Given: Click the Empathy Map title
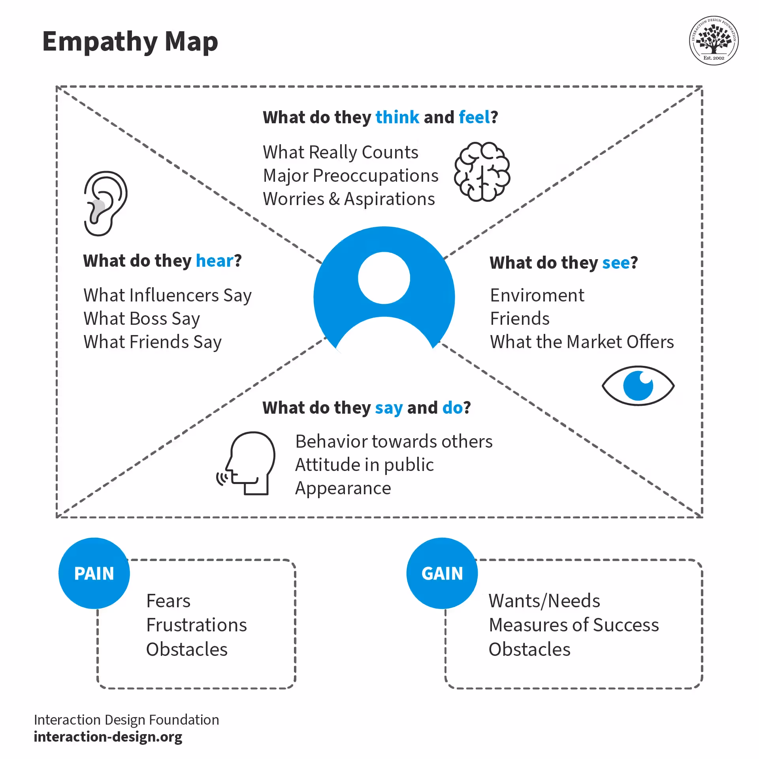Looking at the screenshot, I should coord(130,42).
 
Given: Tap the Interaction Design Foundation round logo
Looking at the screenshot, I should coord(714,41).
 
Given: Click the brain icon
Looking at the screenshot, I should coord(482,172).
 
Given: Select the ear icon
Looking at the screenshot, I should coord(105,203).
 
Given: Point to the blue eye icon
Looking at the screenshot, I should coord(638,386).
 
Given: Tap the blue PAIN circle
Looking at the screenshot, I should coord(94,573).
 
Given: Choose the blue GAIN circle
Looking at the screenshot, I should coord(442,573).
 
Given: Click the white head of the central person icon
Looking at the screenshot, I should coord(384,278).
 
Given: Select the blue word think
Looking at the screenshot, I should coord(397,117).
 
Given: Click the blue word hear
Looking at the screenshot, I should coord(215,261).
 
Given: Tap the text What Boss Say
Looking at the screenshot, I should coord(142,319).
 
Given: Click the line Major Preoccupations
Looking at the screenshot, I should coord(350,176).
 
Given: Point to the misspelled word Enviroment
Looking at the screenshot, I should coord(537,296).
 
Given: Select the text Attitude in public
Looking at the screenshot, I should coord(364,465).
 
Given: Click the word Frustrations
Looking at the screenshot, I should coord(196,625).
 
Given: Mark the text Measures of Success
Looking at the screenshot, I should coord(574,625).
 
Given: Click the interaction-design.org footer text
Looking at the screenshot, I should coord(108,737).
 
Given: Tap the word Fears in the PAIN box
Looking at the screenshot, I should coord(168,601).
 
